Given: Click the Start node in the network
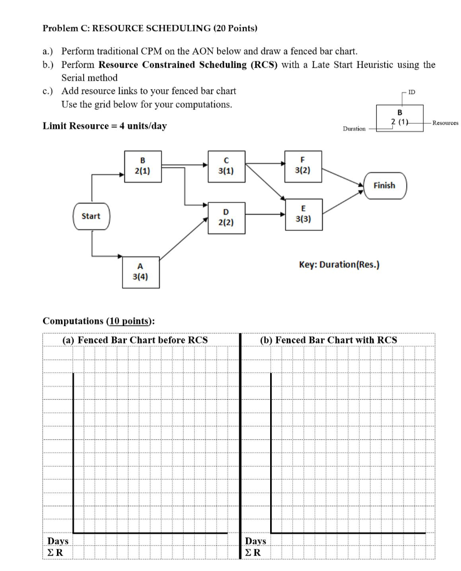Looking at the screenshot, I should [x=92, y=216].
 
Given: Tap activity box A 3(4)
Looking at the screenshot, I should [x=142, y=271].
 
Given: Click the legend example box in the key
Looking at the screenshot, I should [x=399, y=117].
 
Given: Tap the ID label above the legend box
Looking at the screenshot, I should [x=411, y=90].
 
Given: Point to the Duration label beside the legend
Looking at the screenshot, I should [x=354, y=128].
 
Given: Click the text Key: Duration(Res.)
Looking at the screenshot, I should [x=339, y=265].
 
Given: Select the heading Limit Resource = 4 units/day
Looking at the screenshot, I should [x=105, y=125].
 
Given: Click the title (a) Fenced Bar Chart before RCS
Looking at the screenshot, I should [x=135, y=340].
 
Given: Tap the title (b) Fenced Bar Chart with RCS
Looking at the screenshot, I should [x=329, y=340].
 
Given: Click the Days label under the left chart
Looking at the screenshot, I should [x=58, y=541].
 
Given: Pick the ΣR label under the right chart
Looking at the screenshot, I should [x=254, y=553].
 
